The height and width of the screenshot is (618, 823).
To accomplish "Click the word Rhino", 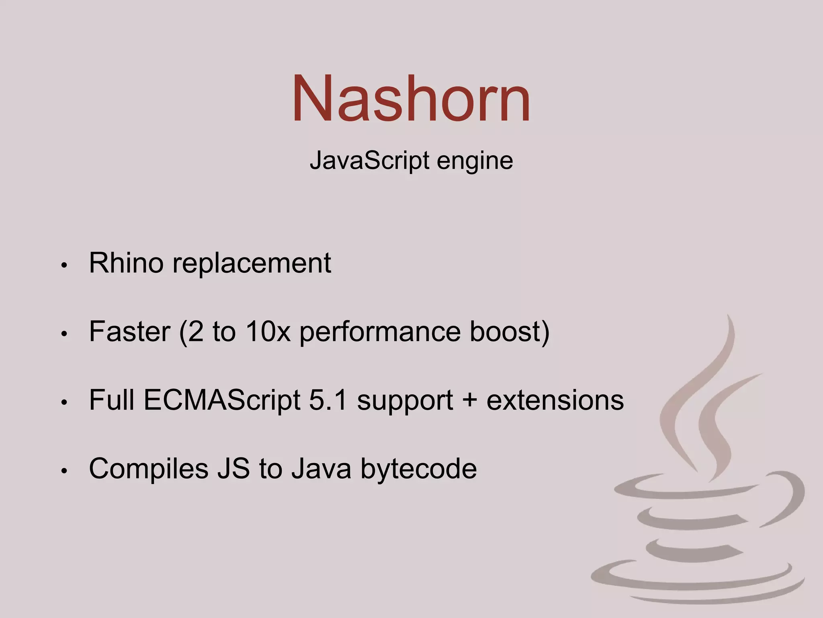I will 126,263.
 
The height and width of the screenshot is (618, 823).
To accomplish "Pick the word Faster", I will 129,332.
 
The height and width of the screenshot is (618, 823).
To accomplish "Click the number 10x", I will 268,332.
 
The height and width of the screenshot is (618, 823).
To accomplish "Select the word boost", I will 505,332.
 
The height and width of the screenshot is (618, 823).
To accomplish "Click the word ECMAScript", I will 222,401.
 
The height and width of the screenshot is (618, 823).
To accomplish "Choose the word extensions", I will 555,400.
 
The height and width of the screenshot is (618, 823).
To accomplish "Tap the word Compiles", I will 149,469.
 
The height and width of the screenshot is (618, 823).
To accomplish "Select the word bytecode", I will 418,469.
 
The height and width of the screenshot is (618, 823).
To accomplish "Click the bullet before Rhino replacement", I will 63,266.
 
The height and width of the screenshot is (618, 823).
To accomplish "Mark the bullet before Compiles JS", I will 63,471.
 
